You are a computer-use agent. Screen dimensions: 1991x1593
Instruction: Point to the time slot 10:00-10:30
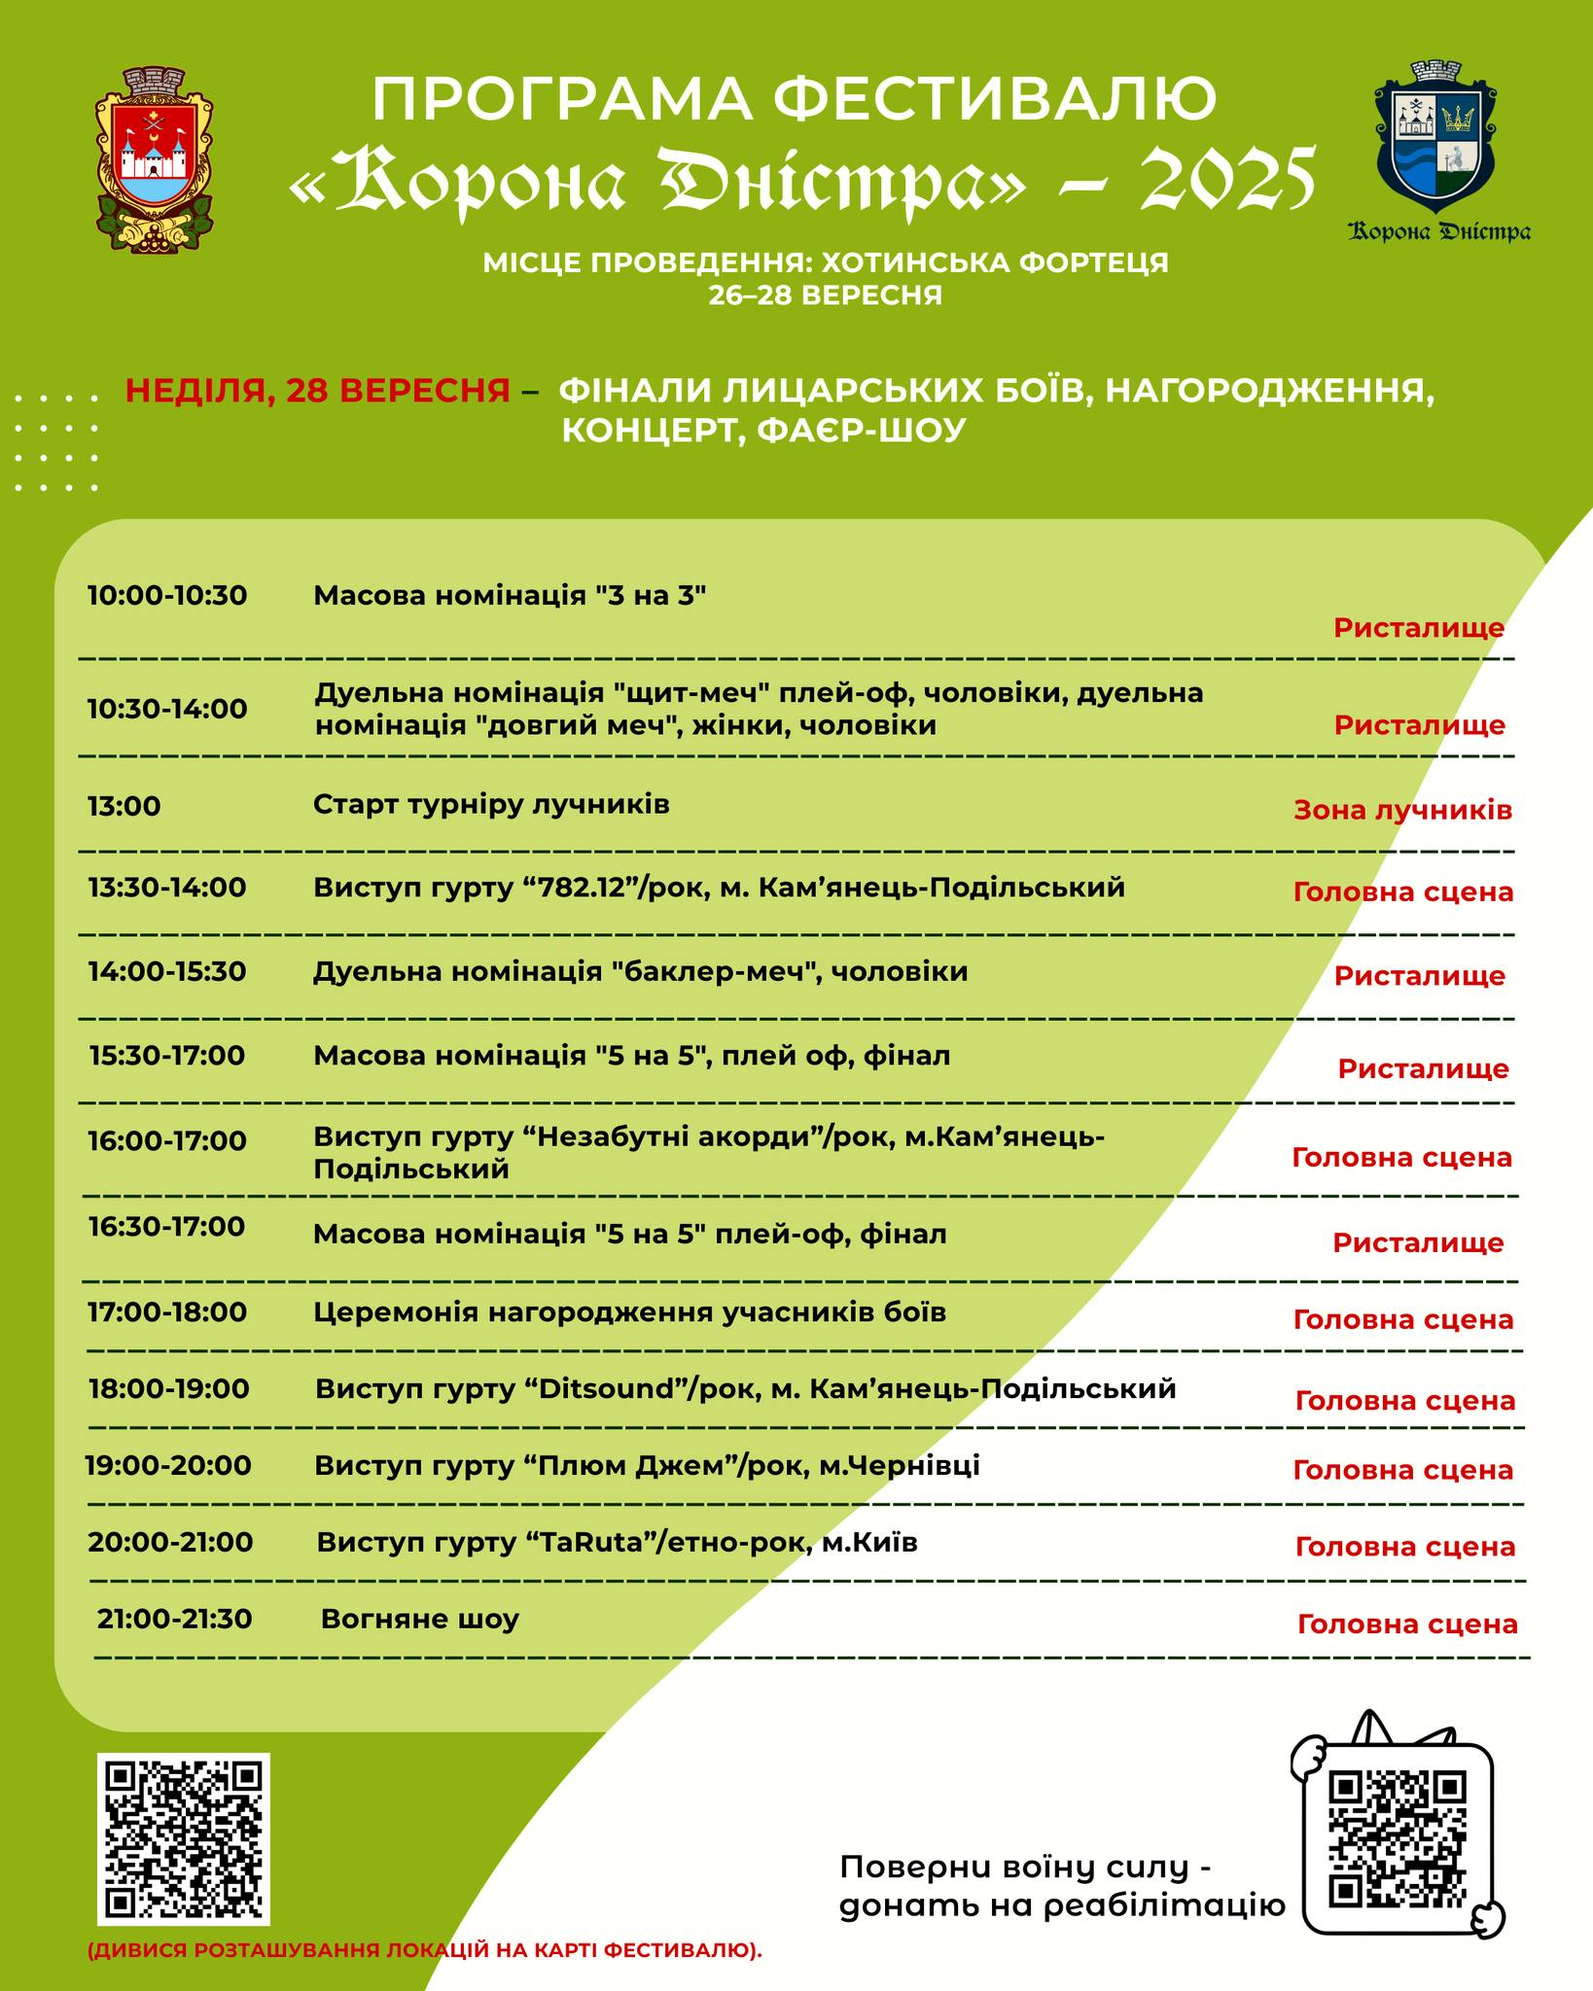tap(167, 596)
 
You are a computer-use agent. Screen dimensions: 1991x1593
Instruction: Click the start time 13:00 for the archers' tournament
tap(124, 807)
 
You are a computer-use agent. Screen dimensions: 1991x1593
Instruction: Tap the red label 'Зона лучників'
tap(1402, 811)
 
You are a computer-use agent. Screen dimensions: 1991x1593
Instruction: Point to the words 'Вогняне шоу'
tap(419, 1620)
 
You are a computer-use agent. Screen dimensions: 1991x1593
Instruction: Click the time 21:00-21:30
tap(175, 1620)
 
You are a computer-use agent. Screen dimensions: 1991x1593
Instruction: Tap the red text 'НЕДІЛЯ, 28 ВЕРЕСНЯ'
tap(318, 391)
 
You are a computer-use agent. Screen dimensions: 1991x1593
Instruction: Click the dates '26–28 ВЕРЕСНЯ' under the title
tap(825, 296)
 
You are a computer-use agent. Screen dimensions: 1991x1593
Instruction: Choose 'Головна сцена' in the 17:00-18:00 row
tap(1402, 1320)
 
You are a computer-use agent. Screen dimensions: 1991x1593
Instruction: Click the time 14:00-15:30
tap(167, 972)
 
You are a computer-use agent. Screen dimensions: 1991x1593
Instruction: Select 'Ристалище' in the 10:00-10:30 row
tap(1418, 628)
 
